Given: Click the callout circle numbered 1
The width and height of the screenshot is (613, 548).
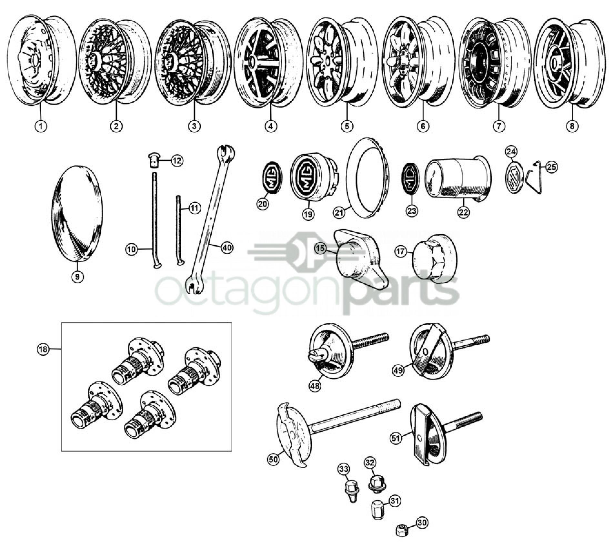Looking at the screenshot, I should tap(41, 126).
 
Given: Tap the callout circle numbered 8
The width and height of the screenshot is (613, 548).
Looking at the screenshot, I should tap(572, 126).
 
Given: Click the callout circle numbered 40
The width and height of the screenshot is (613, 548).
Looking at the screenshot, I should tap(227, 248).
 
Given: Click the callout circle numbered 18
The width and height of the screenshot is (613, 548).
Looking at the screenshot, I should tap(44, 349).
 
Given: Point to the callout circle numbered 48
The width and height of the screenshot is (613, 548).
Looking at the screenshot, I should tap(315, 386).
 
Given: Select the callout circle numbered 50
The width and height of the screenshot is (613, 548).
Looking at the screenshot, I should tap(273, 460).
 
